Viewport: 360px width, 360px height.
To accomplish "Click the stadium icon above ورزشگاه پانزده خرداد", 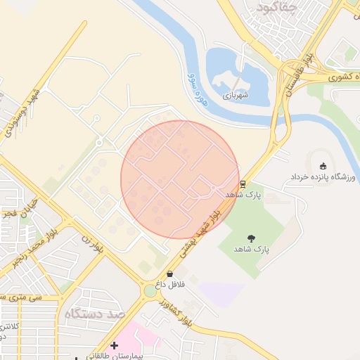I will [323, 166].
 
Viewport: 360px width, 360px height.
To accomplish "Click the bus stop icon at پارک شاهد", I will [243, 184].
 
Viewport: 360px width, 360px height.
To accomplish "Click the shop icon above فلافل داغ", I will [169, 274].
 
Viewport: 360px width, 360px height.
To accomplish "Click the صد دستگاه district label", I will [91, 314].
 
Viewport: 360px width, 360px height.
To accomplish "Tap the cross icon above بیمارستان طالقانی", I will [114, 345].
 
